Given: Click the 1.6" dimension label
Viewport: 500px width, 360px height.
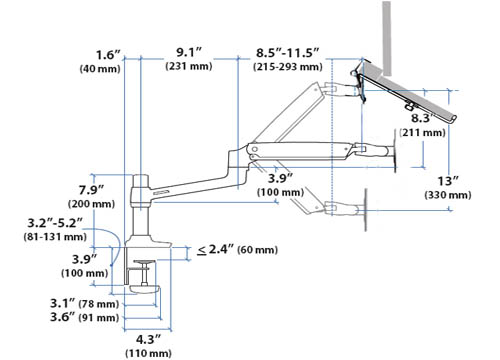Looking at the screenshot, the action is [108, 55].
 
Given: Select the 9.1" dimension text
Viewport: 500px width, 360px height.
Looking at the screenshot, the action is [189, 52].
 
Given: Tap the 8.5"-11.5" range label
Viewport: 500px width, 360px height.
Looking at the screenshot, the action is [288, 53].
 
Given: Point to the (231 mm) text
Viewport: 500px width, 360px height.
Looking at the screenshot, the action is [189, 66].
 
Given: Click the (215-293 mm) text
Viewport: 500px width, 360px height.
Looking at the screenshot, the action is [288, 67].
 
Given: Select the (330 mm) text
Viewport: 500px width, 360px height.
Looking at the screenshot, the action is [448, 195].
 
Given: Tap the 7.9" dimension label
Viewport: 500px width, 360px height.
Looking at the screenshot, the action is [91, 190].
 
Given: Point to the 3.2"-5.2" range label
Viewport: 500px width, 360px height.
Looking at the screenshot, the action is [55, 223].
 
